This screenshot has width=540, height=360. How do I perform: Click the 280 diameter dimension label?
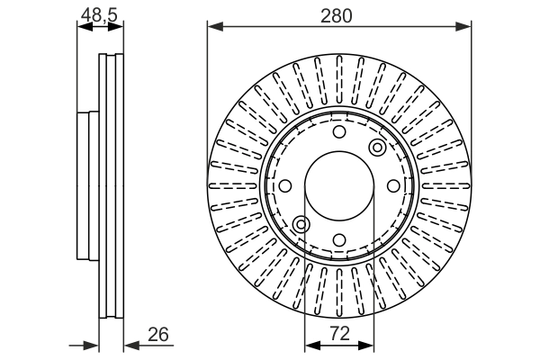coord(338,14)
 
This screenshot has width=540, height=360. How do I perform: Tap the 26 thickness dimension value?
coord(158,335)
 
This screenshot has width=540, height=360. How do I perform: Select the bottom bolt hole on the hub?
coord(338,238)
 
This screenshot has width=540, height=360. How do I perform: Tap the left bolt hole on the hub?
coord(285,185)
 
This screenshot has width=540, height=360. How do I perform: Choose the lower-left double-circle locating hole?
coord(301,223)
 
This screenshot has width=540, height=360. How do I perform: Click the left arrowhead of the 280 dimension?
coord(213,27)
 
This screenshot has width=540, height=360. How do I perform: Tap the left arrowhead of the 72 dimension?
coord(310,344)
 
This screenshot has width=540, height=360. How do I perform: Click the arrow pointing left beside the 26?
coord(130,344)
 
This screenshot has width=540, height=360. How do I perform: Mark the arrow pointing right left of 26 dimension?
coord(91,344)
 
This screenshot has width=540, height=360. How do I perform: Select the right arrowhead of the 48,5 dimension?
coord(118,27)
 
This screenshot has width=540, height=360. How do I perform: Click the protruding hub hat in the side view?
coord(87,184)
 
